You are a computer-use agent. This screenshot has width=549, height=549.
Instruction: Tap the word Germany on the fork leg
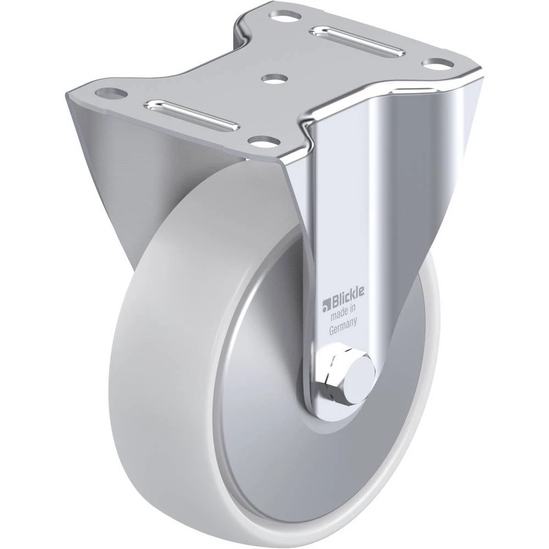(x=343, y=326)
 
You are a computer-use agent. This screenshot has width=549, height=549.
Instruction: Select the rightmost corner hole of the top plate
(x=438, y=64)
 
